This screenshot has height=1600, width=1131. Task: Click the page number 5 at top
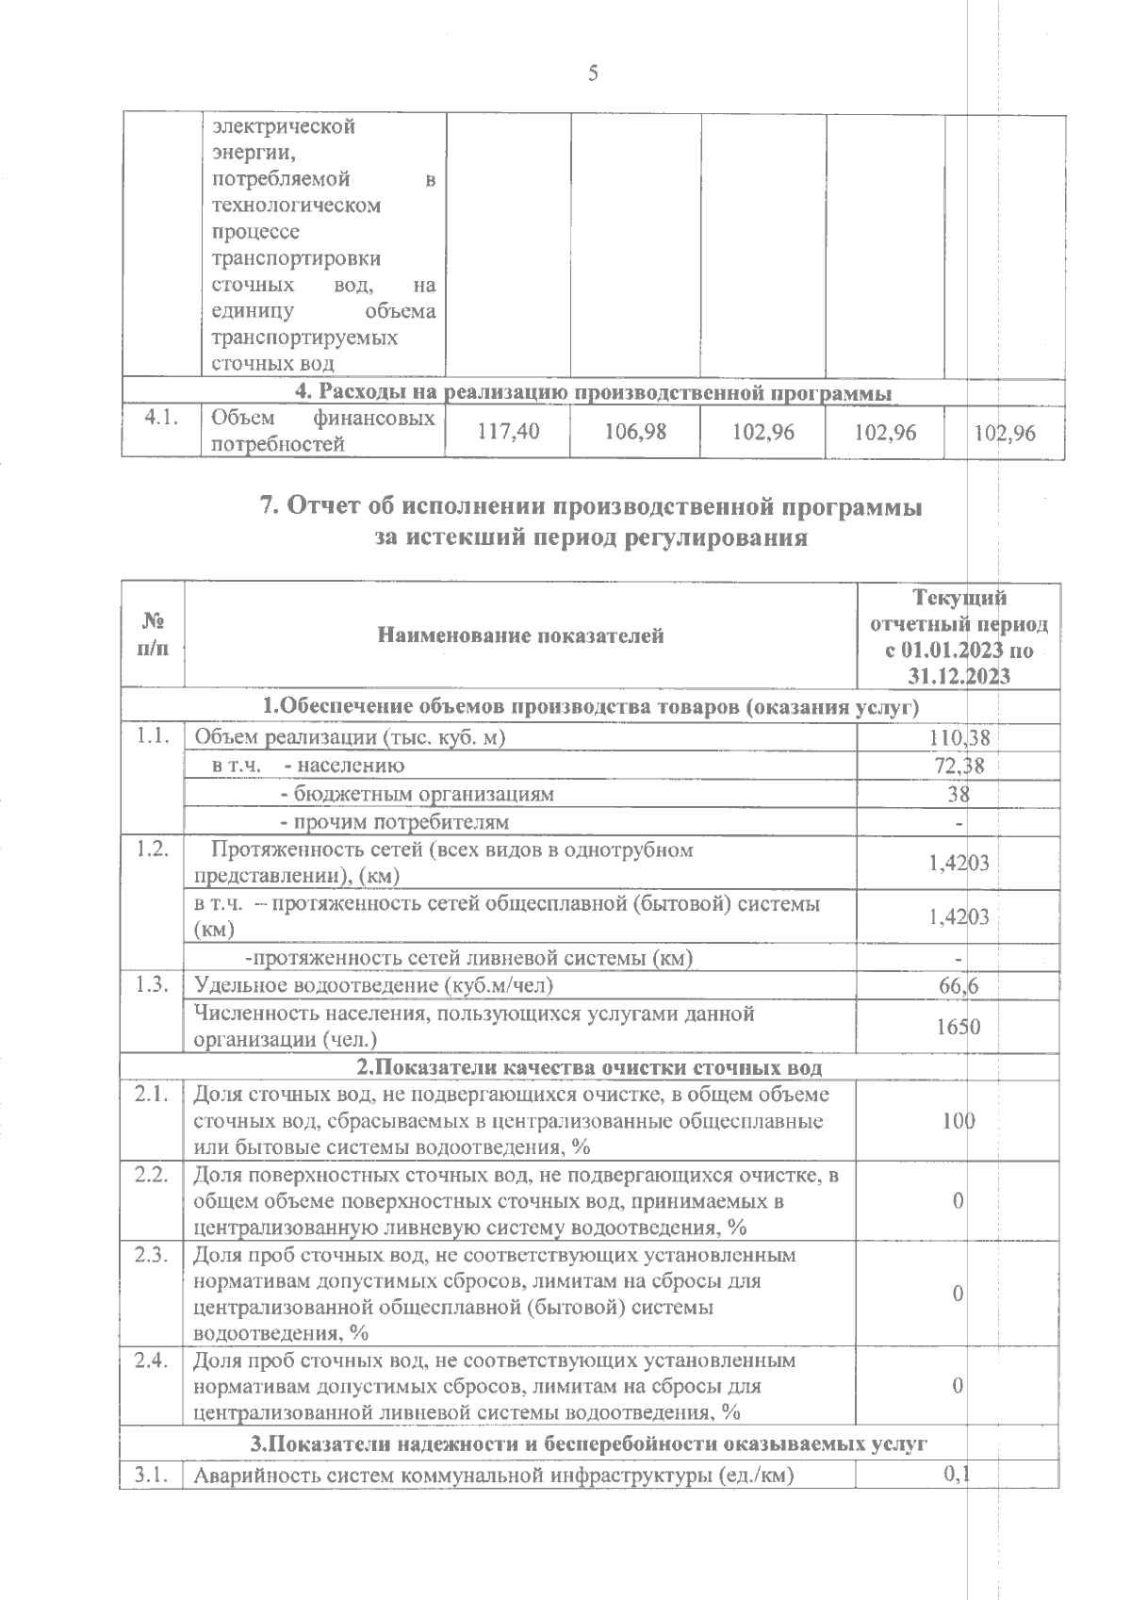pyautogui.click(x=593, y=73)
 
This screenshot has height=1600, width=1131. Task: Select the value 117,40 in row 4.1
pyautogui.click(x=509, y=433)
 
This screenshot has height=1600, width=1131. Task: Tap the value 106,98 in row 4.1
pyautogui.click(x=635, y=433)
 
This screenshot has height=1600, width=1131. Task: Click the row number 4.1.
pyautogui.click(x=161, y=420)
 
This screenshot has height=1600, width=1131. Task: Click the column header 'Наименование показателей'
pyautogui.click(x=520, y=635)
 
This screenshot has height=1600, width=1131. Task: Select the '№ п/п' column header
pyautogui.click(x=152, y=635)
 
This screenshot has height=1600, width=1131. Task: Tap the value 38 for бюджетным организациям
pyautogui.click(x=959, y=794)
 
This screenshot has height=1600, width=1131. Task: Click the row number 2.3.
pyautogui.click(x=152, y=1255)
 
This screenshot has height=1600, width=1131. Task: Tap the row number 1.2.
pyautogui.click(x=152, y=849)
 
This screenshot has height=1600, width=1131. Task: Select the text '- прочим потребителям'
pyautogui.click(x=396, y=822)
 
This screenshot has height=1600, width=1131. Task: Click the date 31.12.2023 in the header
pyautogui.click(x=959, y=675)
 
